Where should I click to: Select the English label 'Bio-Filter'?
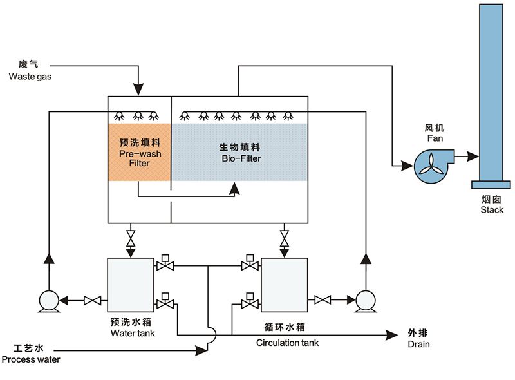241,158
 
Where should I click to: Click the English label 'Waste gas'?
30,77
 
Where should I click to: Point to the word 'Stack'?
492,210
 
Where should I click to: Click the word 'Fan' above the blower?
435,138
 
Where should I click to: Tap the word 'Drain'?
418,345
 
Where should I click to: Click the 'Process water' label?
31,359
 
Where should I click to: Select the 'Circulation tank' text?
287,343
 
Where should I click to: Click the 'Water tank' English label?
133,333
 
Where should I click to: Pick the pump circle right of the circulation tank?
366,300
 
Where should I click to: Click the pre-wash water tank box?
131,284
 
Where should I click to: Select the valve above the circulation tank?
283,238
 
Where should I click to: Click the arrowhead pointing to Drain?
391,334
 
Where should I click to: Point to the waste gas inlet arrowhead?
138,88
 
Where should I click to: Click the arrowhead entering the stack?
474,157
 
